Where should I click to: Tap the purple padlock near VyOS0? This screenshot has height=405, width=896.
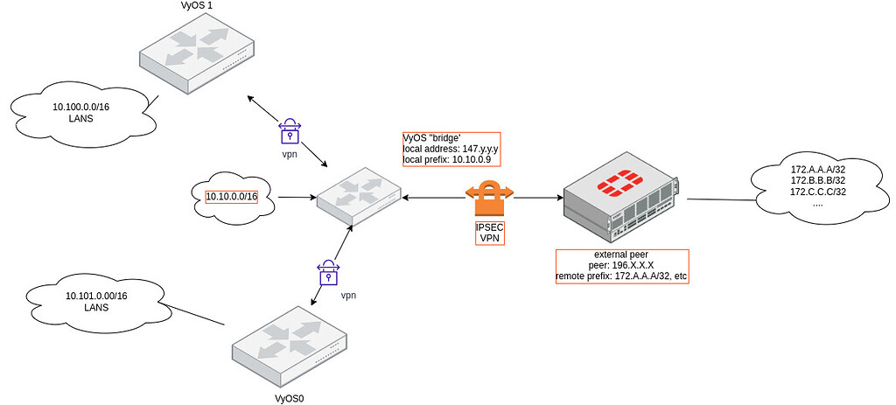pos(328,273)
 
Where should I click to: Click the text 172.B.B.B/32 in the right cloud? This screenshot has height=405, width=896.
pos(818,179)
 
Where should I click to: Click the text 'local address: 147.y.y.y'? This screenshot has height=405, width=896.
pos(450,149)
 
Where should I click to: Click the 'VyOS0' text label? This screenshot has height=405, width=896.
pos(290,398)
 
